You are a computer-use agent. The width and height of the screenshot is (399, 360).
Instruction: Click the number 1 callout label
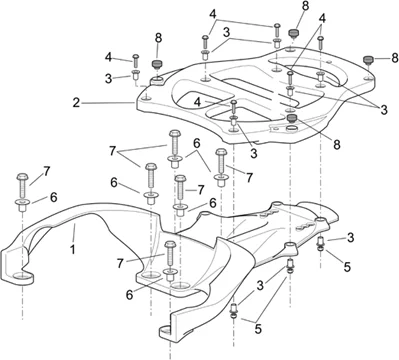[x=73, y=249]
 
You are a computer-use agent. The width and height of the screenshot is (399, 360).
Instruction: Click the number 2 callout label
[x=77, y=103]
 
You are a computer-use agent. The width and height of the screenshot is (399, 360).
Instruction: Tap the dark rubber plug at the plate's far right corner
[x=368, y=60]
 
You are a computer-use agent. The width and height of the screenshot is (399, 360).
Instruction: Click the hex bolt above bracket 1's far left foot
[x=22, y=185]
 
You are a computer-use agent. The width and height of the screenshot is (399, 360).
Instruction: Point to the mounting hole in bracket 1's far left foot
[x=21, y=276]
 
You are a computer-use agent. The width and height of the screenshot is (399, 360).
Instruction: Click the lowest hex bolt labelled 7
[x=170, y=254]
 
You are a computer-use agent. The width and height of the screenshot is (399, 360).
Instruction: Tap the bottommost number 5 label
[x=258, y=329]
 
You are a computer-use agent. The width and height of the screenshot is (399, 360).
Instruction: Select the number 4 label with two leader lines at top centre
[x=213, y=15]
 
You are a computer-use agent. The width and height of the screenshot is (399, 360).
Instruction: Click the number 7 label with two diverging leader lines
[x=113, y=151]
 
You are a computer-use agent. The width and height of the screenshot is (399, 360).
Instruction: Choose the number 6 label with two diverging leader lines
[x=196, y=144]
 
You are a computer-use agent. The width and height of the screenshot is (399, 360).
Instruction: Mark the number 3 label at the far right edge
[x=384, y=110]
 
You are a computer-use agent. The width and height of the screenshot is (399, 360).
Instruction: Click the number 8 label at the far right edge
[x=395, y=58]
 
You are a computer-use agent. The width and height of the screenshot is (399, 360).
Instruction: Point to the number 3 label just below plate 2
[x=254, y=154]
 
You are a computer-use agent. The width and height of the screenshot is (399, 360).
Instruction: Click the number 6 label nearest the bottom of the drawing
[x=130, y=294]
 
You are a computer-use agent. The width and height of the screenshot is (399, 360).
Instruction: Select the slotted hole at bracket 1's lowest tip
[x=164, y=330]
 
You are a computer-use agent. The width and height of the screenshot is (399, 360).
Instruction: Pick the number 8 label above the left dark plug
[x=158, y=38]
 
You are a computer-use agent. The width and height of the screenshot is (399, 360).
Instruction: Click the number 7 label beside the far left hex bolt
[x=46, y=171]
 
